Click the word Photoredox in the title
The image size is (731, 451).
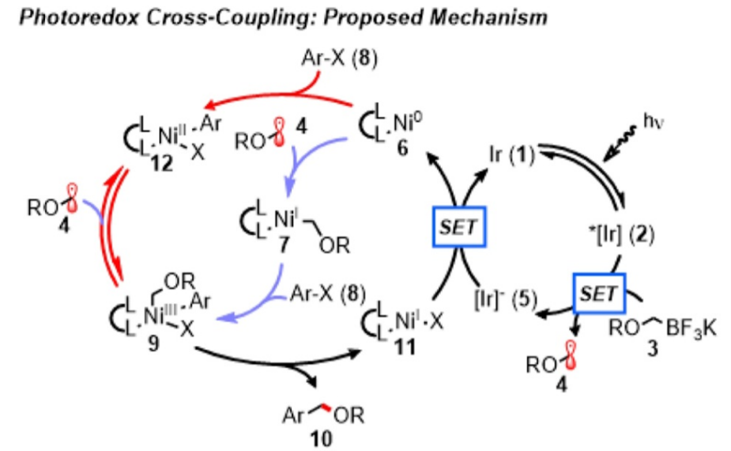pos(79,17)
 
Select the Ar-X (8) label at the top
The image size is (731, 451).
pos(339,59)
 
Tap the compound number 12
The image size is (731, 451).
pos(161,163)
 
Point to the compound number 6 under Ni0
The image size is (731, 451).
pos(402,149)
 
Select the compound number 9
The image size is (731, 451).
pos(153,344)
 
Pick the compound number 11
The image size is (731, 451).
pos(405,347)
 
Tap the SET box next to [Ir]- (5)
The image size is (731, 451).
pos(459,227)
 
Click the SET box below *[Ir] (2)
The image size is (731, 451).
pos(599,294)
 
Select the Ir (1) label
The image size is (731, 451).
pos(512,155)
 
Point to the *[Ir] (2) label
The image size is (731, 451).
pos(622,234)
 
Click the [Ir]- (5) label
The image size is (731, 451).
pos(505,299)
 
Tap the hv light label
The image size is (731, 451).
pos(654,121)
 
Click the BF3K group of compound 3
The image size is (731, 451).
pos(691,328)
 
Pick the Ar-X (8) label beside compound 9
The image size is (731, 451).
pos(328,294)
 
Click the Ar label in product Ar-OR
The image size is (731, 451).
pos(293,415)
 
